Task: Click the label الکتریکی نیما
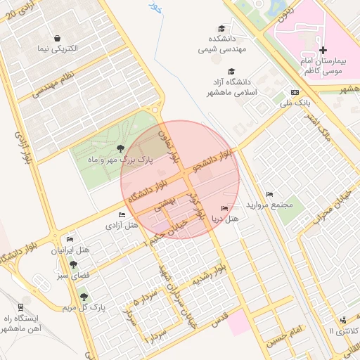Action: pos(56,51)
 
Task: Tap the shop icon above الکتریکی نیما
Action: pos(56,39)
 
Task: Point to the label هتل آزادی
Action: pos(121,226)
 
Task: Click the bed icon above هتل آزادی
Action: pos(121,214)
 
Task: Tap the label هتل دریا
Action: pos(225,219)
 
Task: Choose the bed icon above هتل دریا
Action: pos(224,208)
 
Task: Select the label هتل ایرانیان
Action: pos(70,250)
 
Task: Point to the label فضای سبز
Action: pos(73,276)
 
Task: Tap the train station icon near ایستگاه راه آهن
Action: pos(20,307)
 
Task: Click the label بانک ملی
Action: pos(295,103)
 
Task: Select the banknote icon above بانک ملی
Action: pos(295,92)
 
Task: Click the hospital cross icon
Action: pos(323,50)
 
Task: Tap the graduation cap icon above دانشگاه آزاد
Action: pos(231,71)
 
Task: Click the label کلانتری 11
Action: pos(344,330)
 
